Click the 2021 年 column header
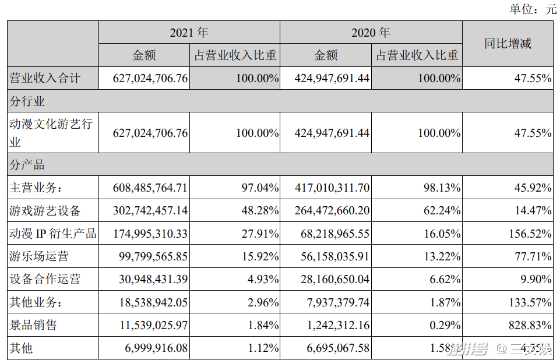click(x=189, y=33)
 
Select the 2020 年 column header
click(x=371, y=33)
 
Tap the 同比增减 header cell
click(x=508, y=44)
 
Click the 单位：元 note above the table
click(x=533, y=9)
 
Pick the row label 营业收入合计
click(x=45, y=78)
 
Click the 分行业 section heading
click(x=27, y=101)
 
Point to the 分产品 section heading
click(x=27, y=165)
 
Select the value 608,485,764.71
click(x=150, y=188)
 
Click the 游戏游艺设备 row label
click(x=45, y=210)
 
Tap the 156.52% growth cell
click(x=524, y=234)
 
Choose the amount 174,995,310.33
click(x=150, y=234)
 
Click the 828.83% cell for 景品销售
click(x=524, y=325)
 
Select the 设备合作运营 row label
click(x=45, y=279)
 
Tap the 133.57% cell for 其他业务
click(x=524, y=302)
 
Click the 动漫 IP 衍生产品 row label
click(x=52, y=234)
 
